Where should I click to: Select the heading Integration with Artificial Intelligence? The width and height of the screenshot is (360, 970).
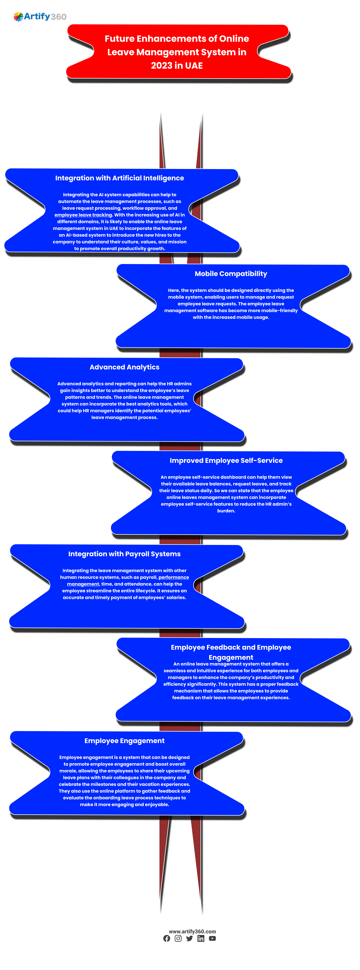[120, 178]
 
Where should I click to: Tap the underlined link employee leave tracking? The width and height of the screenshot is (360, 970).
[83, 215]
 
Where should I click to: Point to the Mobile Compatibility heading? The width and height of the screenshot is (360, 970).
[231, 274]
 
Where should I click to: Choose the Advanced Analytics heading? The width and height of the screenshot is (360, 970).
[124, 367]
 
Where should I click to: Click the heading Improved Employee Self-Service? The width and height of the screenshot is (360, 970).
[226, 461]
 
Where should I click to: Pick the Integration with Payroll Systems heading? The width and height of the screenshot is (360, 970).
[124, 554]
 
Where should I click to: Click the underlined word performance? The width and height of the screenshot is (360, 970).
[174, 577]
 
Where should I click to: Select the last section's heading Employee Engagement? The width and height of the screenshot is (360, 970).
[124, 741]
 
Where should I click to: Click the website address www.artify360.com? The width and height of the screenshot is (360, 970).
[192, 931]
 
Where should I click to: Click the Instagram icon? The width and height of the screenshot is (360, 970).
[178, 938]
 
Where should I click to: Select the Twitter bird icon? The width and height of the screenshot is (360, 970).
[189, 938]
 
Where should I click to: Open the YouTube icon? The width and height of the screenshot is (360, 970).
[212, 938]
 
